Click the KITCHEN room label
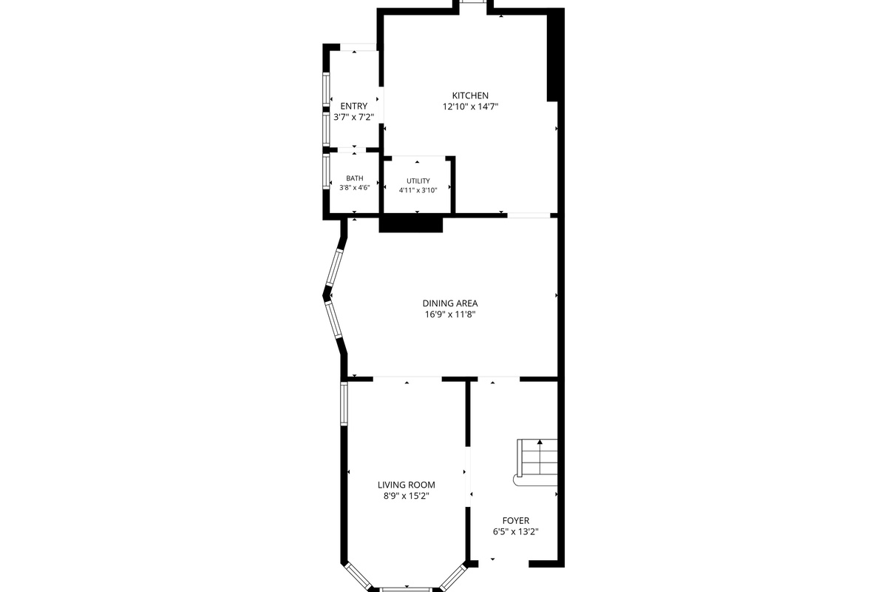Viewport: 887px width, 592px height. pos(470,95)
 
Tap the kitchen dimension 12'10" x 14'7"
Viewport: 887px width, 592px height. pos(470,107)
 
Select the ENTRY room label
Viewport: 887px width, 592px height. pos(353,107)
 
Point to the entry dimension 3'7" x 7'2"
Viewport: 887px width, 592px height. pos(353,118)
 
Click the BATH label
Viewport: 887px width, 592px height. pos(354,178)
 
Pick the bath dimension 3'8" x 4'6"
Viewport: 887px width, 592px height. pos(354,187)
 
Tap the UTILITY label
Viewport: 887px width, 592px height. pos(418,181)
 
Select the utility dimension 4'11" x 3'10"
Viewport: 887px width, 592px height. pos(418,190)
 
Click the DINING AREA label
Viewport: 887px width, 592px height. pos(450,303)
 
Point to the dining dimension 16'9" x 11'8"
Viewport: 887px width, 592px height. pos(450,314)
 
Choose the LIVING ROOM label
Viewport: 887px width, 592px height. pos(407,485)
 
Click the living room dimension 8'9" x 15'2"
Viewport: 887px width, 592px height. pos(407,496)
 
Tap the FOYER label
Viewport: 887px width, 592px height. pos(516,520)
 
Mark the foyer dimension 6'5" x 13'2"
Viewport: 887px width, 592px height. pos(516,531)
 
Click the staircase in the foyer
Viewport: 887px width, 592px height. pos(536,462)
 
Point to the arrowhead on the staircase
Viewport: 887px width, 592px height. pos(540,442)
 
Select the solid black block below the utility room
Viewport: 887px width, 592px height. pos(411,223)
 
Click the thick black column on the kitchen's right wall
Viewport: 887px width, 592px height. pos(555,55)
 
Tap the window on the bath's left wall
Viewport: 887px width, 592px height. pos(326,171)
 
